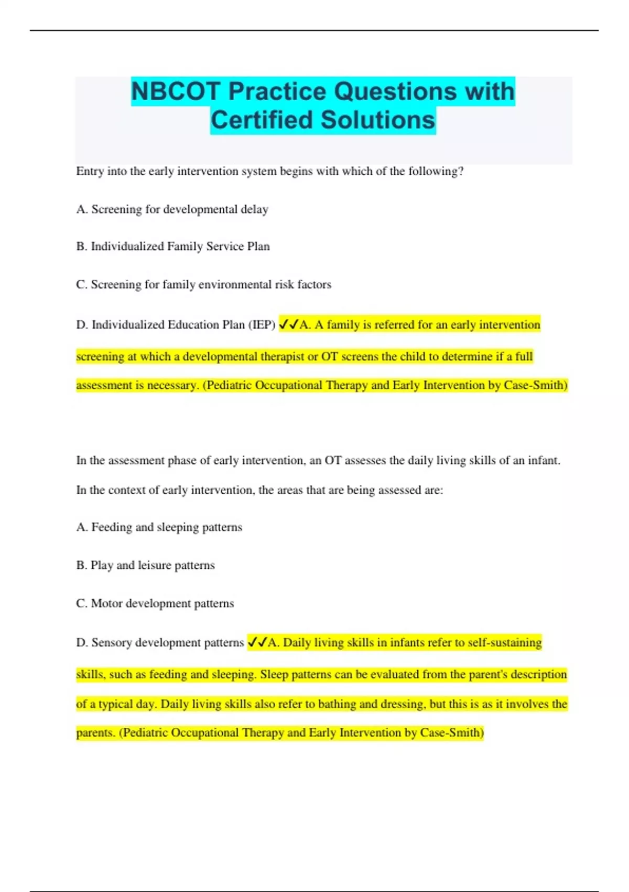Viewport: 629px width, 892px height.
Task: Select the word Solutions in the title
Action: [378, 120]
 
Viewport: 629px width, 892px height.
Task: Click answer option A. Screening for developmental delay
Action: [172, 209]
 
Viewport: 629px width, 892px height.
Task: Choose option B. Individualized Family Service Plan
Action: [173, 247]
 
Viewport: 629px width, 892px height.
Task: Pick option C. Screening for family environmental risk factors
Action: [203, 284]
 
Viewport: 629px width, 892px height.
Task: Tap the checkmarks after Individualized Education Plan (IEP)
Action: [288, 325]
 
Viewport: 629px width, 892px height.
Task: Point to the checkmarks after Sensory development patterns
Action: [257, 642]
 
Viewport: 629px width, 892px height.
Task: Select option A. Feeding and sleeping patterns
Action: [159, 527]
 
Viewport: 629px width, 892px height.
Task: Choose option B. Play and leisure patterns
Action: [145, 565]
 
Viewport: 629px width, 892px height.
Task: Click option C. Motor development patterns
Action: [155, 603]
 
